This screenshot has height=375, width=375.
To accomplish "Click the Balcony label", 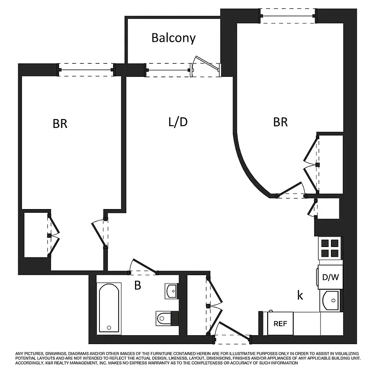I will [x=173, y=38].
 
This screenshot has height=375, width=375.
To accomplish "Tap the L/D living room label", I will [x=178, y=122].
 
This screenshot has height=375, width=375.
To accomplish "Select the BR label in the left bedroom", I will [x=60, y=124].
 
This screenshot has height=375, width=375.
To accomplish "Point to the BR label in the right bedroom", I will [x=280, y=122].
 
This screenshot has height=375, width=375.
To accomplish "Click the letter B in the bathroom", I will [x=137, y=285].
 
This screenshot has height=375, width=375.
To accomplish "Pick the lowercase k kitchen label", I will [x=300, y=295].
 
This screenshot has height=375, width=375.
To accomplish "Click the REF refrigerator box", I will [x=280, y=323].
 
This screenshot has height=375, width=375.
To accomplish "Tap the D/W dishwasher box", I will [x=330, y=277].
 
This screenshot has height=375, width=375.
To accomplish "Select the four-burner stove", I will [x=330, y=248].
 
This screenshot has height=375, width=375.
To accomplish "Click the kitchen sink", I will [x=331, y=300].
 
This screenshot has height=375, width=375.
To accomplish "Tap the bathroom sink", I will [x=171, y=291].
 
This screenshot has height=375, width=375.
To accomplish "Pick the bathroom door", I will [x=142, y=266].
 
